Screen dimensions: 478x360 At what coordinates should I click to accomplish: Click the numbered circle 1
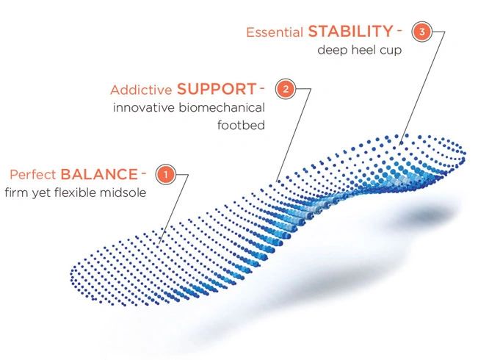pyautogui.click(x=166, y=175)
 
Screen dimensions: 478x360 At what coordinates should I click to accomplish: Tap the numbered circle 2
pyautogui.click(x=286, y=89)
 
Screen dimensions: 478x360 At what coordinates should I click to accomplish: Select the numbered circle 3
pyautogui.click(x=422, y=32)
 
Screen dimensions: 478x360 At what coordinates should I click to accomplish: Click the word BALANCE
pyautogui.click(x=99, y=175)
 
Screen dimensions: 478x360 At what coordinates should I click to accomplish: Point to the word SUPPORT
pyautogui.click(x=217, y=89)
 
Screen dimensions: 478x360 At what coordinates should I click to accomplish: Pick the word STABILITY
pyautogui.click(x=350, y=32)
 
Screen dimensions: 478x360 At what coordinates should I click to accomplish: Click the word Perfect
pyautogui.click(x=33, y=175)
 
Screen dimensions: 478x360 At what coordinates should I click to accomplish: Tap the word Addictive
pyautogui.click(x=141, y=90)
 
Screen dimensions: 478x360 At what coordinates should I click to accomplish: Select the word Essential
pyautogui.click(x=275, y=32)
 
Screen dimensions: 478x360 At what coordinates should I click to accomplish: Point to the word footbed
pyautogui.click(x=241, y=125)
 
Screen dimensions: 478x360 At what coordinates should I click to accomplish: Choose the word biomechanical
pyautogui.click(x=222, y=108)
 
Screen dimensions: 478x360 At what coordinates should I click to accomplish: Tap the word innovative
pyautogui.click(x=144, y=108)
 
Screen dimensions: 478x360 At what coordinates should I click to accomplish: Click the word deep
pyautogui.click(x=333, y=51)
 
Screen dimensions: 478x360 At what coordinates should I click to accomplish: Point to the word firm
pyautogui.click(x=16, y=192)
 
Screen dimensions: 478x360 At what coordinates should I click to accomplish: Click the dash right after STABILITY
pyautogui.click(x=399, y=30)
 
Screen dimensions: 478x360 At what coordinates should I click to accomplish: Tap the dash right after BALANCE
pyautogui.click(x=144, y=173)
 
